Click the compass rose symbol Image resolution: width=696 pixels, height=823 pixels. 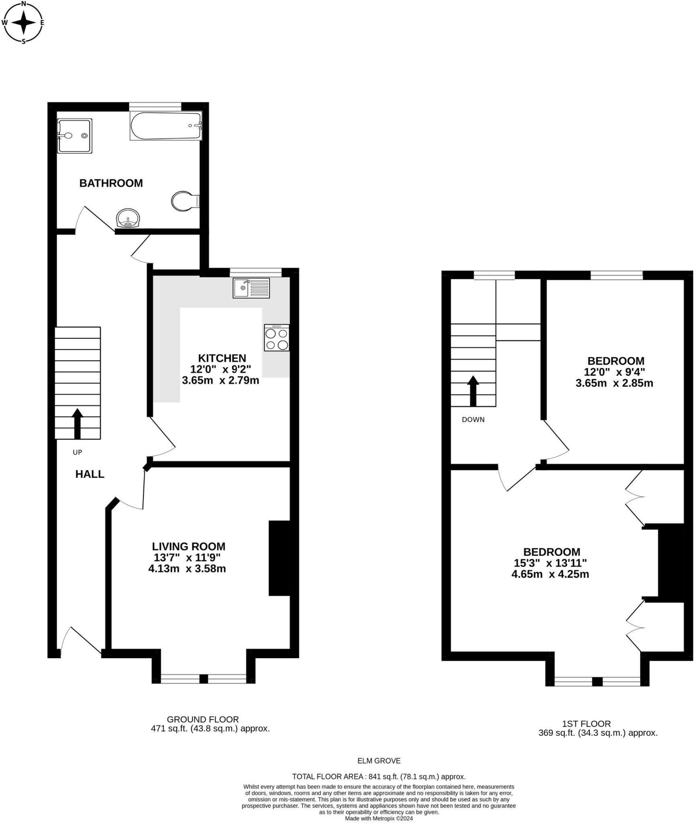(23, 22)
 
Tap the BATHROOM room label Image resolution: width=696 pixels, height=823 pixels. (111, 183)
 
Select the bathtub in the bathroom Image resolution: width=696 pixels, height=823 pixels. (165, 126)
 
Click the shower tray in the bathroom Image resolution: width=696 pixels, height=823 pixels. (75, 136)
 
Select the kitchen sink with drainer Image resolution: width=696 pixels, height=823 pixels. (251, 288)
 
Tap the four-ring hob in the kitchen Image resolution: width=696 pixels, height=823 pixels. (277, 338)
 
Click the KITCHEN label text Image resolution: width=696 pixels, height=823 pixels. (222, 358)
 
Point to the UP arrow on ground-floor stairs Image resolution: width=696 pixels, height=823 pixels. (77, 424)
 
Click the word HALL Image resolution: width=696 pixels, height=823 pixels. (90, 474)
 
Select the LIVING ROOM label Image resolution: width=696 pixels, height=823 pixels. (189, 547)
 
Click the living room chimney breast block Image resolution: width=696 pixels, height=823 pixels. (279, 558)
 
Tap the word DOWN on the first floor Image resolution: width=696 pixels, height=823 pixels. (473, 420)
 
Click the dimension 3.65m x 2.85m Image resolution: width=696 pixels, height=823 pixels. (614, 383)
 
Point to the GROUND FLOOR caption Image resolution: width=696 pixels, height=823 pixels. (203, 719)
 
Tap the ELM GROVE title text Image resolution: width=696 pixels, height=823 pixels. (379, 761)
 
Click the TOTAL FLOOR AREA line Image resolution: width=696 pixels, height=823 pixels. (379, 776)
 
